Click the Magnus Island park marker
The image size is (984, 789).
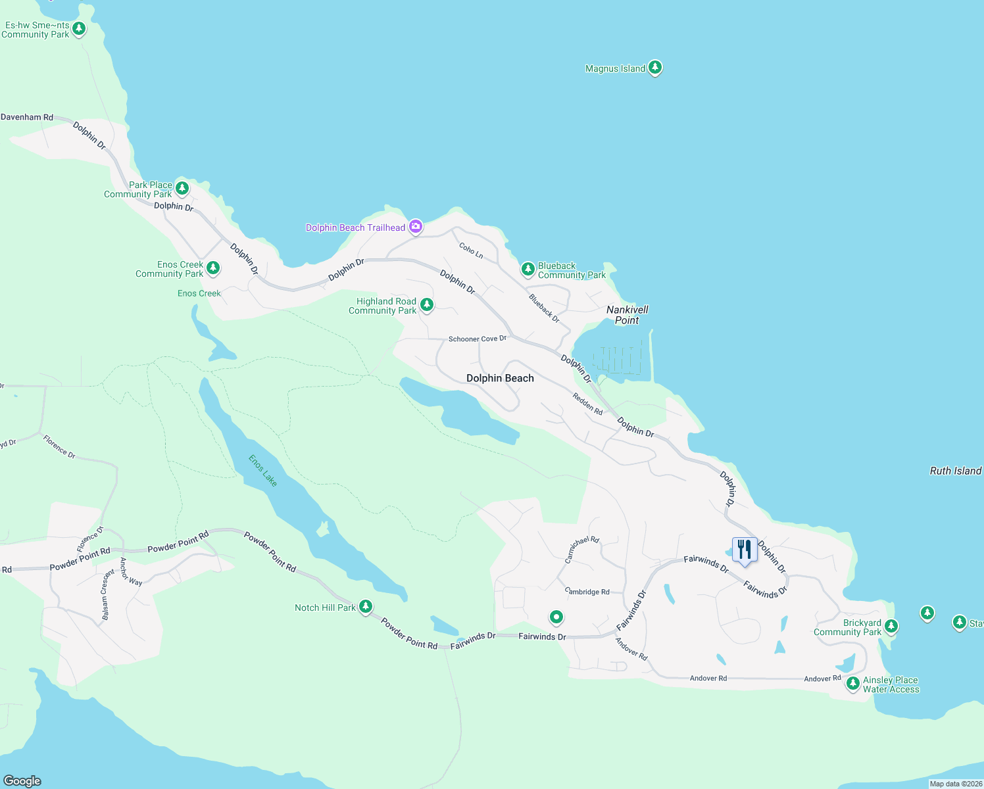654,67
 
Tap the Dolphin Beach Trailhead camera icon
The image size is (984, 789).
416,227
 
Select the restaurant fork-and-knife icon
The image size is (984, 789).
744,549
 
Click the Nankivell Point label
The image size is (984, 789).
627,315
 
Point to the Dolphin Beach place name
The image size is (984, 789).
500,378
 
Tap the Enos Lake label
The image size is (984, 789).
263,471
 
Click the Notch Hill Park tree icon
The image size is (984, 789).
366,606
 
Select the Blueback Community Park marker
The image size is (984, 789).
528,269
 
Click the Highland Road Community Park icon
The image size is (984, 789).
426,304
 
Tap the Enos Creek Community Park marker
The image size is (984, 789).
212,268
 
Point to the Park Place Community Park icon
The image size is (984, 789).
182,188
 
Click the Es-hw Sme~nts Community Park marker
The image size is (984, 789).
79,28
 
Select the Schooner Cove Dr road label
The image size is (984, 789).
478,339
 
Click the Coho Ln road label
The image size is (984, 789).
471,251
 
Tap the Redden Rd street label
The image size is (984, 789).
587,404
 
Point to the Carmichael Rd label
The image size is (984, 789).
582,550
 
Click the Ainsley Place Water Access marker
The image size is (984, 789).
852,683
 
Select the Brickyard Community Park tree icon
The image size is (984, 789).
891,626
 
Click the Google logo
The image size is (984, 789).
22,781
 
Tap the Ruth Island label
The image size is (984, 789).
955,471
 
